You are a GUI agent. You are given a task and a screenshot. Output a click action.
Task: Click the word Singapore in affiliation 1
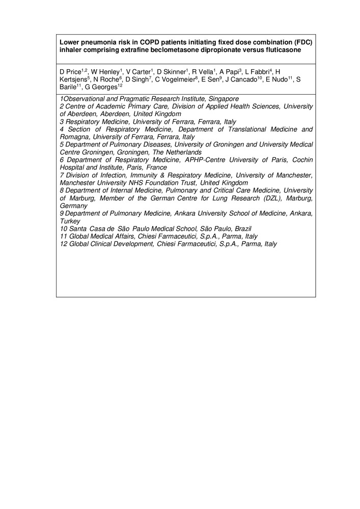click(x=217, y=99)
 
